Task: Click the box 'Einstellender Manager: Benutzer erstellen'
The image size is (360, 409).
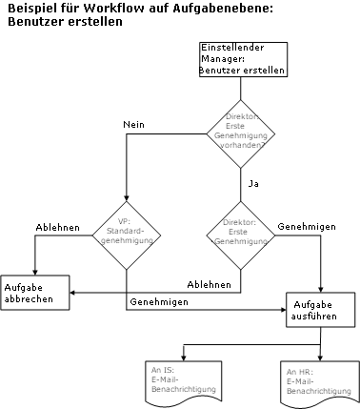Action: click(x=242, y=59)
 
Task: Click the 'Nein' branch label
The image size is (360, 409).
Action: click(x=134, y=125)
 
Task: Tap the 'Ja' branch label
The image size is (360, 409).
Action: click(x=253, y=181)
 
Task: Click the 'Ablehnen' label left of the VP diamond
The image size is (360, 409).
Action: click(x=58, y=228)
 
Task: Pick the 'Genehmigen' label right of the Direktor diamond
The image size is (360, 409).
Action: click(x=305, y=228)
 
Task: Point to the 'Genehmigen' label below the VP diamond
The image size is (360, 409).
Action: click(x=158, y=301)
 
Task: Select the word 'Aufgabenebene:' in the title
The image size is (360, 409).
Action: click(x=225, y=9)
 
